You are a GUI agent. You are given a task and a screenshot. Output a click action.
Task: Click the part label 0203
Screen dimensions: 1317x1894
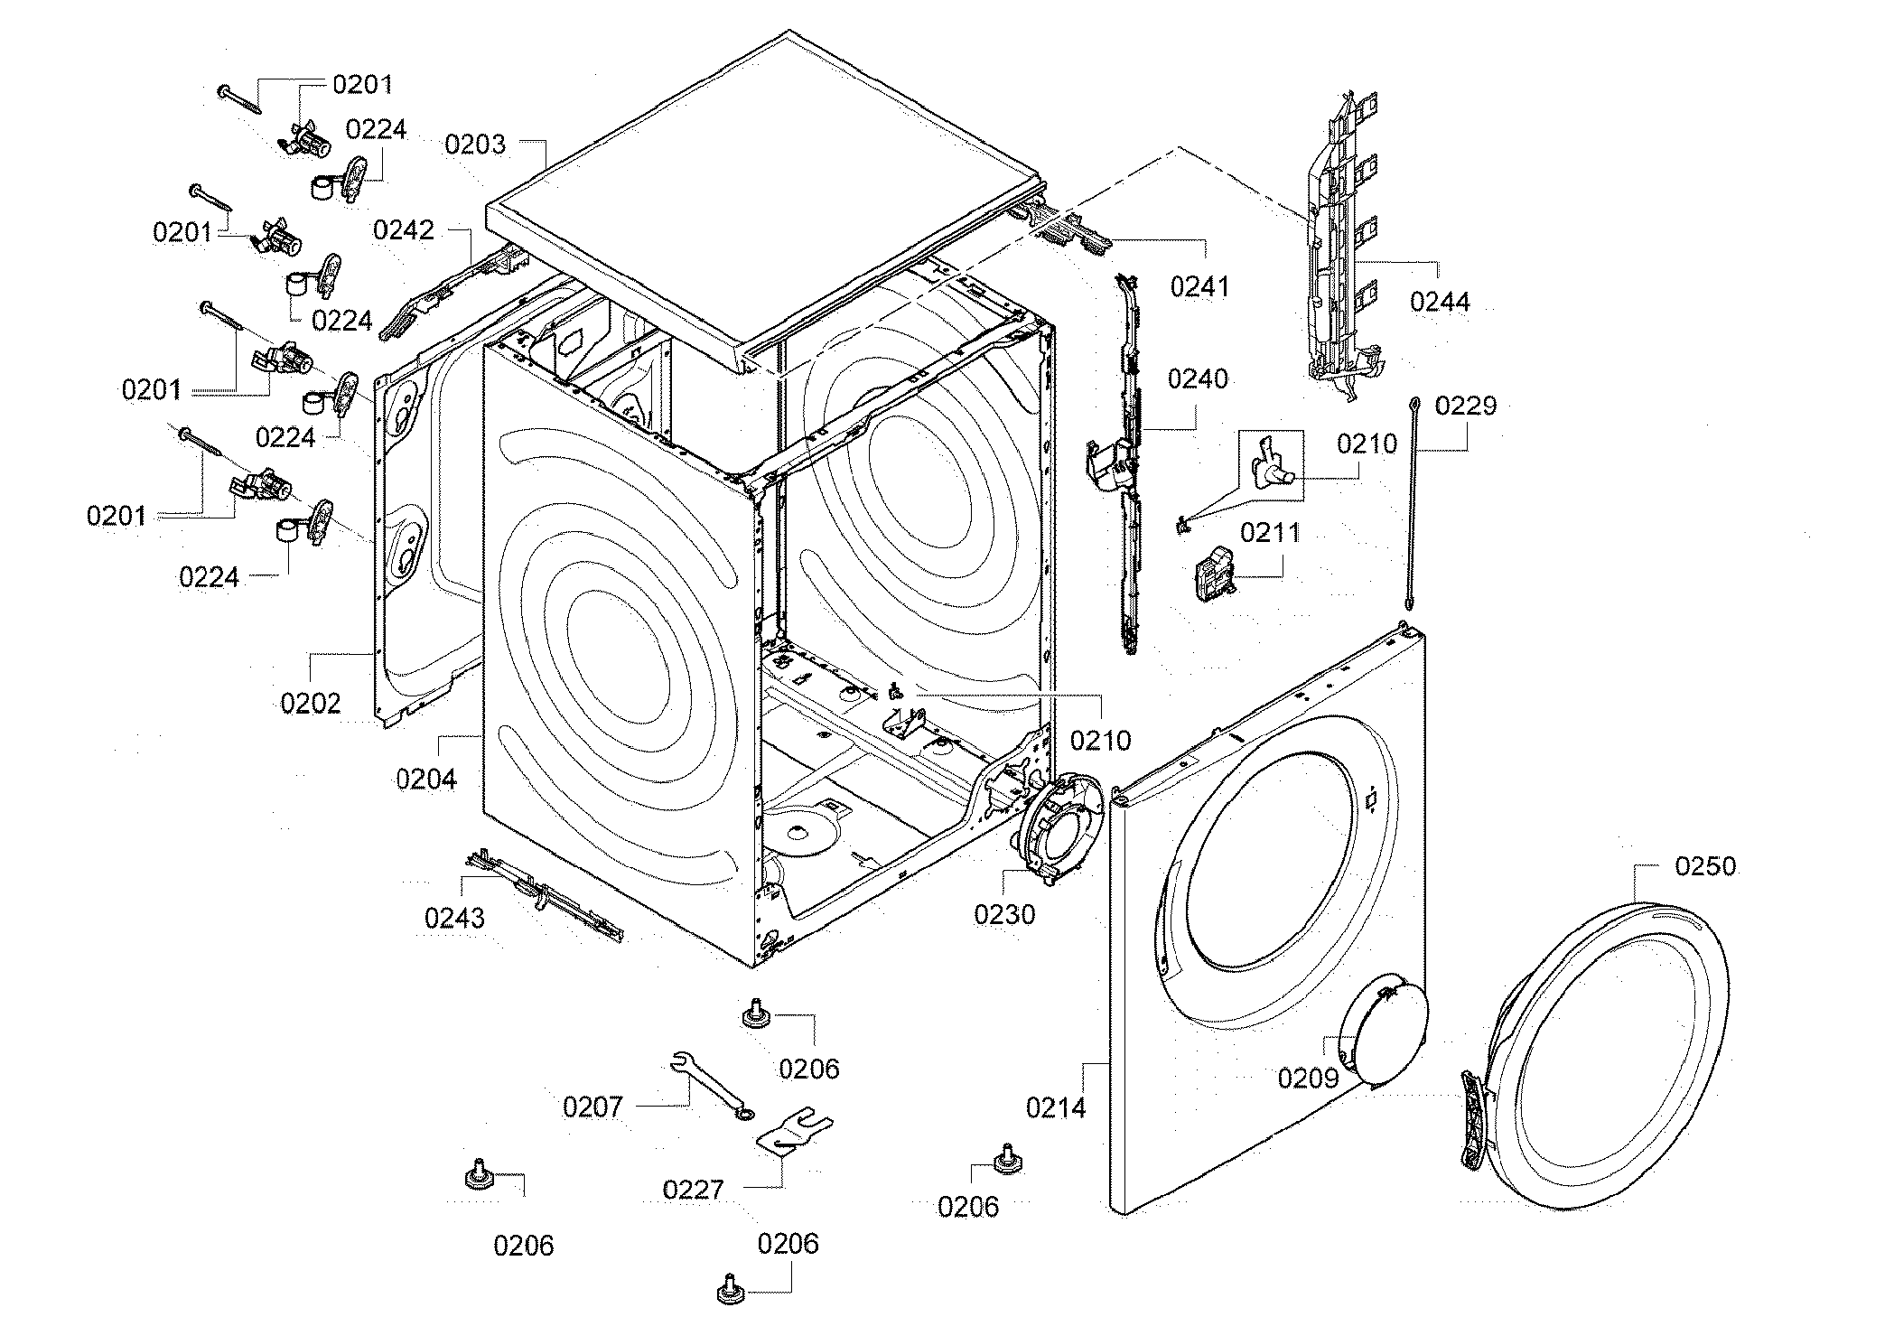[475, 145]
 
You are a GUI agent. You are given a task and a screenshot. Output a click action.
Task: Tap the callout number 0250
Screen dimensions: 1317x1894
[1705, 866]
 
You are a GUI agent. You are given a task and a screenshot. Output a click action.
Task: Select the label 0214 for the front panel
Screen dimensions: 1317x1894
[1056, 1107]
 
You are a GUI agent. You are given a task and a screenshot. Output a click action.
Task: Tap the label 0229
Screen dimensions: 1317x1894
[1465, 406]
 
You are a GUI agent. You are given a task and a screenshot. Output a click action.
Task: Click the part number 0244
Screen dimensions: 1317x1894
[1440, 301]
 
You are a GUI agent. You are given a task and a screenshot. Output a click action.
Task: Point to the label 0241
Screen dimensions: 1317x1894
[1199, 287]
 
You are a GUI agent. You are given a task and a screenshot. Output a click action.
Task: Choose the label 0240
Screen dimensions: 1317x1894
[1198, 378]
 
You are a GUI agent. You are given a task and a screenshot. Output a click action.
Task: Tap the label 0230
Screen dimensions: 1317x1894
[1004, 915]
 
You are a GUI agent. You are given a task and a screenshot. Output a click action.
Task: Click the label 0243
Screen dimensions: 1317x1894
[454, 919]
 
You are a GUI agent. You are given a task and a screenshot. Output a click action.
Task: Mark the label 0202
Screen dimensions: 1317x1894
[311, 703]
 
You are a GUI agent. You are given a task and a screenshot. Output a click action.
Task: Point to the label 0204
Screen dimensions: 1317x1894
[426, 778]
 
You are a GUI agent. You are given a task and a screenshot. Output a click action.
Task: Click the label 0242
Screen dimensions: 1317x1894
[404, 230]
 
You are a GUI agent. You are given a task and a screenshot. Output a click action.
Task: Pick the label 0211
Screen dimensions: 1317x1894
[1270, 533]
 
